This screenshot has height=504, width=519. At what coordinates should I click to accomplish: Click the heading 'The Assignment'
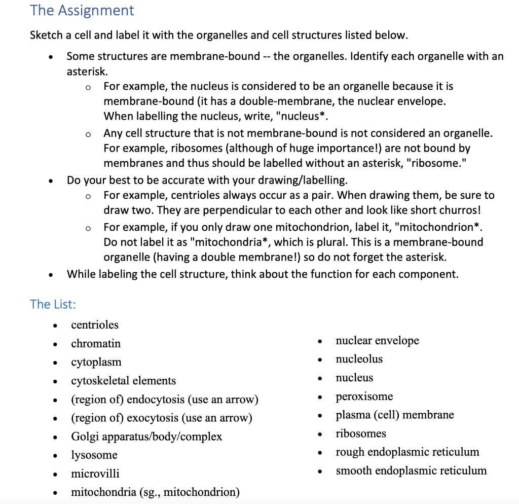(x=82, y=11)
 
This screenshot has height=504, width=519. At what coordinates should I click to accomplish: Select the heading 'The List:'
(x=53, y=304)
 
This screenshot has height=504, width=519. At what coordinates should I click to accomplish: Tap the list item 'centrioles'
(x=95, y=325)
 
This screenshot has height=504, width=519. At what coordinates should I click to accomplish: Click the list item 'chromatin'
(x=96, y=344)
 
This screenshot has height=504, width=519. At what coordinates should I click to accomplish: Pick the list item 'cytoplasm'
(x=96, y=362)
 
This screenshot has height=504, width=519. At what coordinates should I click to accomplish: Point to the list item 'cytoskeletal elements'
(x=123, y=381)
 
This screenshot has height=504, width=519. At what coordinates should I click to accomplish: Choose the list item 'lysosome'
(x=94, y=455)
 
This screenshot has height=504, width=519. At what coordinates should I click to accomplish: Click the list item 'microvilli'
(x=95, y=474)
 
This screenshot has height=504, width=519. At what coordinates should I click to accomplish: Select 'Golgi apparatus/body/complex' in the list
(x=146, y=437)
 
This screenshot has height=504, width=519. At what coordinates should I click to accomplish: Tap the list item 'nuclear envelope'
(x=377, y=341)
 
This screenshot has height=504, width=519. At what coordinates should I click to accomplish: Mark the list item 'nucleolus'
(x=359, y=359)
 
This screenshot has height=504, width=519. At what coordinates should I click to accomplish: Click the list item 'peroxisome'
(x=364, y=397)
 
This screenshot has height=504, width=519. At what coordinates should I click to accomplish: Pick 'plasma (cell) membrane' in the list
(x=394, y=415)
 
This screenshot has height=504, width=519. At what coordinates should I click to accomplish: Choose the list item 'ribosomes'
(x=360, y=434)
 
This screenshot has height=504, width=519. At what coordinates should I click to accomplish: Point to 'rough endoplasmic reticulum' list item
(x=407, y=452)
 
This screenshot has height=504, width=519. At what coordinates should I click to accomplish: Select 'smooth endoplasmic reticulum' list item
(x=411, y=471)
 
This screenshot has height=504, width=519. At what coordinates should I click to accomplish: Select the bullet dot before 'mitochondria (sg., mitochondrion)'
(x=55, y=493)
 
